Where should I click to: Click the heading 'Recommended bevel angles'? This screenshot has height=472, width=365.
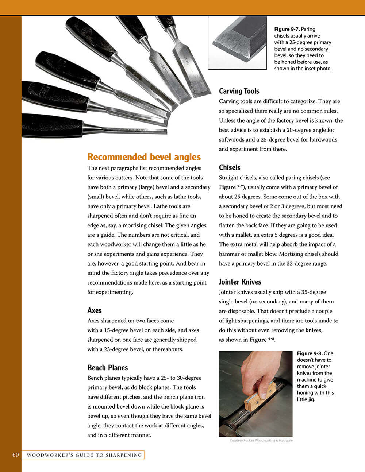[144, 157]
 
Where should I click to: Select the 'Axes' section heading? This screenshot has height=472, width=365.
[94, 310]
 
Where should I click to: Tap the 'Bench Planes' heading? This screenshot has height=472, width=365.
[107, 368]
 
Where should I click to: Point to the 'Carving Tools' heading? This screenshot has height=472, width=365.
[239, 91]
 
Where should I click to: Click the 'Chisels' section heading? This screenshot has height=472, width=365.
[229, 167]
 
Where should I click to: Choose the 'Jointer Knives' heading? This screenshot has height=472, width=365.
[240, 282]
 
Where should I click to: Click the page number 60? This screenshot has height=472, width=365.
[15, 455]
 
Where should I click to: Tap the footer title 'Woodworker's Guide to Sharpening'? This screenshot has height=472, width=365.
[84, 455]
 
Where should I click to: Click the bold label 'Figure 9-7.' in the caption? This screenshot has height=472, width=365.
[287, 29]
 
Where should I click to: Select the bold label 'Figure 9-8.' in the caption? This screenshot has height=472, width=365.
[310, 353]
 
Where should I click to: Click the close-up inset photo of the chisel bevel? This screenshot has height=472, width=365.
[237, 42]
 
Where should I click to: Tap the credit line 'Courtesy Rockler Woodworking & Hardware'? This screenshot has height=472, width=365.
[261, 441]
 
